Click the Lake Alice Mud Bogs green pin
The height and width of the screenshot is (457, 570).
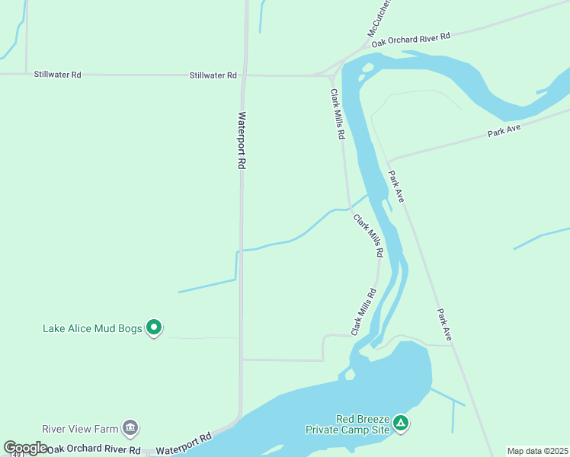pyautogui.click(x=154, y=328)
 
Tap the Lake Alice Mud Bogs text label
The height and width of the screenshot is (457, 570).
pyautogui.click(x=92, y=329)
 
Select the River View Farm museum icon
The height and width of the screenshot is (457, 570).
pyautogui.click(x=130, y=427)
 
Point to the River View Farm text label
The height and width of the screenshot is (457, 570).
pyautogui.click(x=78, y=428)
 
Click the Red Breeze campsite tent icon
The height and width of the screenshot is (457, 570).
pyautogui.click(x=401, y=422)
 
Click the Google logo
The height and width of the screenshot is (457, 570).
pyautogui.click(x=25, y=448)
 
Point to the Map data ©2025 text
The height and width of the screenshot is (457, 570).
pyautogui.click(x=538, y=451)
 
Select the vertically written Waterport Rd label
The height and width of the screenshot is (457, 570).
pyautogui.click(x=242, y=141)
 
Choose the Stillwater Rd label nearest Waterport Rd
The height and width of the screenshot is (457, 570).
pyautogui.click(x=213, y=75)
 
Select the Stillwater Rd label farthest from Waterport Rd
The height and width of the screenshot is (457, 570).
pyautogui.click(x=57, y=75)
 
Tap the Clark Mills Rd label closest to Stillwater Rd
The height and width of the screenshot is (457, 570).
pyautogui.click(x=337, y=113)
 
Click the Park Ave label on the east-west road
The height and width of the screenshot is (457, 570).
pyautogui.click(x=504, y=130)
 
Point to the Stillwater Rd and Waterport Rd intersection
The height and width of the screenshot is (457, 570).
pyautogui.click(x=244, y=75)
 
